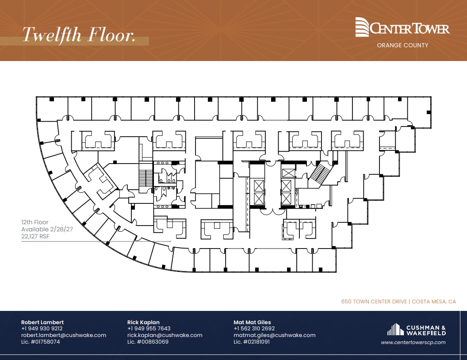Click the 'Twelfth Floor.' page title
pyautogui.click(x=79, y=35)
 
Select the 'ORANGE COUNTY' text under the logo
pyautogui.click(x=402, y=45)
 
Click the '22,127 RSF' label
pyautogui.click(x=35, y=237)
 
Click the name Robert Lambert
pyautogui.click(x=42, y=322)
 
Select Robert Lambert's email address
pyautogui.click(x=64, y=335)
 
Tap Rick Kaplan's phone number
pyautogui.click(x=149, y=329)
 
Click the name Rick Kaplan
pyautogui.click(x=143, y=322)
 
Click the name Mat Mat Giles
pyautogui.click(x=252, y=322)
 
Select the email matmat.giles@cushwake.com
pyautogui.click(x=274, y=335)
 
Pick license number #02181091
pyautogui.click(x=252, y=341)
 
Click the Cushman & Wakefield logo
pyautogui.click(x=416, y=330)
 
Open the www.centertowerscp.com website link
pyautogui.click(x=413, y=342)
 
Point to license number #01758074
pyautogui.click(x=40, y=341)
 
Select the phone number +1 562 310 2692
pyautogui.click(x=254, y=329)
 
